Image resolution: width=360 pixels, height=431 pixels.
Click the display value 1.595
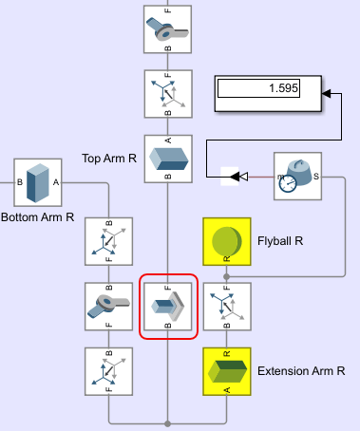[x=283, y=88]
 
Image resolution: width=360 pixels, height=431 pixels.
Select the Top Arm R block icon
[x=168, y=159]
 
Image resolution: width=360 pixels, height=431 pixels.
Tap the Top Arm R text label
[x=109, y=159]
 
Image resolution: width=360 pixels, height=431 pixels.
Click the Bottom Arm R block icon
[x=38, y=182]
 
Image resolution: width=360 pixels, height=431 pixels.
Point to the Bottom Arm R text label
[x=38, y=217]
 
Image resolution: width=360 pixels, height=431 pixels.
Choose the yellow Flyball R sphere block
[x=227, y=241]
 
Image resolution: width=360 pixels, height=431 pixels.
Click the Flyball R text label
[x=280, y=241]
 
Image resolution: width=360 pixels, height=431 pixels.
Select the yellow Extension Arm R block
[x=227, y=371]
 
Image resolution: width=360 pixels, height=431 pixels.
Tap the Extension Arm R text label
[x=301, y=371]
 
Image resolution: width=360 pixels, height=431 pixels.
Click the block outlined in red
[x=168, y=307]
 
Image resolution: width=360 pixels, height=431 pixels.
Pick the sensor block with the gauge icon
[x=297, y=176]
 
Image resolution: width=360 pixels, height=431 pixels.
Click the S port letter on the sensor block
[x=316, y=177]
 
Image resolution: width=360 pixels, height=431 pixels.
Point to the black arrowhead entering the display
[x=327, y=93]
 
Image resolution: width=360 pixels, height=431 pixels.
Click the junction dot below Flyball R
[x=226, y=277]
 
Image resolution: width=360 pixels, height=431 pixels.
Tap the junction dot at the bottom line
[x=168, y=423]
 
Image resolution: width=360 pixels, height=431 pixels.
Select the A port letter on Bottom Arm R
[x=56, y=182]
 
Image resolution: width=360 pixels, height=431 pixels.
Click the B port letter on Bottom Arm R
[x=20, y=182]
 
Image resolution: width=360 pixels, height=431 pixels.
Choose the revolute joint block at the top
[x=167, y=29]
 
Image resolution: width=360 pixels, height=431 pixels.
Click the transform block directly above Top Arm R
[x=168, y=94]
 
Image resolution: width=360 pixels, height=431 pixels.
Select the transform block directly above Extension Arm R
[x=227, y=307]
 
